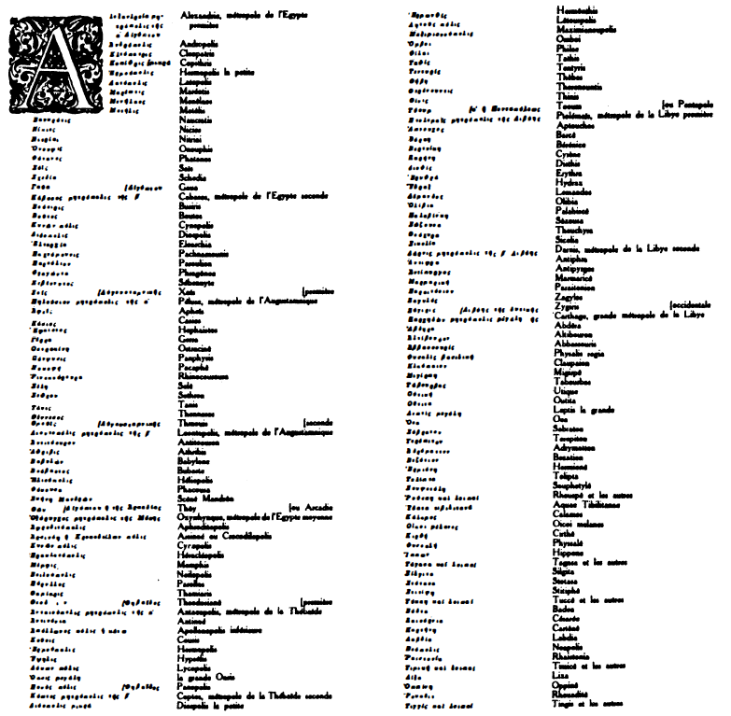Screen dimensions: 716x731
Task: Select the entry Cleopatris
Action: point(194,52)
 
